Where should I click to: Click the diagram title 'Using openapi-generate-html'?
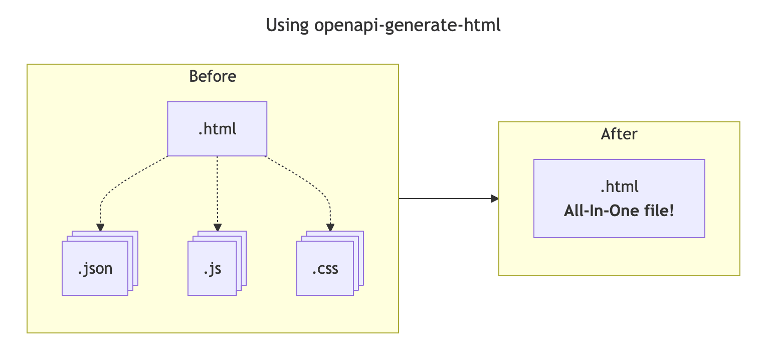click(383, 25)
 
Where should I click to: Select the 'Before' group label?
click(213, 76)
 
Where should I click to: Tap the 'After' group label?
click(619, 134)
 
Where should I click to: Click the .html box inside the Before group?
click(217, 129)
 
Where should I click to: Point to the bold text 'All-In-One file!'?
click(619, 211)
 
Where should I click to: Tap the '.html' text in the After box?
click(619, 187)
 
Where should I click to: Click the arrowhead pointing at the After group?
click(495, 199)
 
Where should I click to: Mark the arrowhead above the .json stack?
click(100, 227)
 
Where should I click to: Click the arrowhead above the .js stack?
click(217, 227)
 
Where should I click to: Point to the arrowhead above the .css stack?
click(330, 227)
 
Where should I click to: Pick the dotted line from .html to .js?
click(217, 191)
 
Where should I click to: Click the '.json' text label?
click(95, 269)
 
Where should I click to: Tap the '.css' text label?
click(325, 269)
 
